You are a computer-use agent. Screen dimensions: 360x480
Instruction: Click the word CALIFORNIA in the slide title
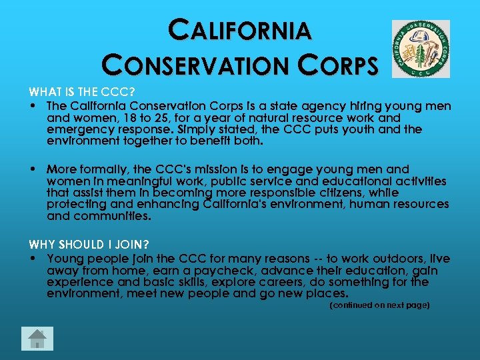pos(240,30)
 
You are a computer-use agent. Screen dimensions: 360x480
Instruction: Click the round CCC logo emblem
pos(420,49)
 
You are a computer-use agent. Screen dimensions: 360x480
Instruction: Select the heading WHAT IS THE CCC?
pos(81,93)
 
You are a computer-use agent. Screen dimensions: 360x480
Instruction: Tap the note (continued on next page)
pos(380,305)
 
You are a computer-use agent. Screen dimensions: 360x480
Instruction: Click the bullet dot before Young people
pos(32,259)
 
